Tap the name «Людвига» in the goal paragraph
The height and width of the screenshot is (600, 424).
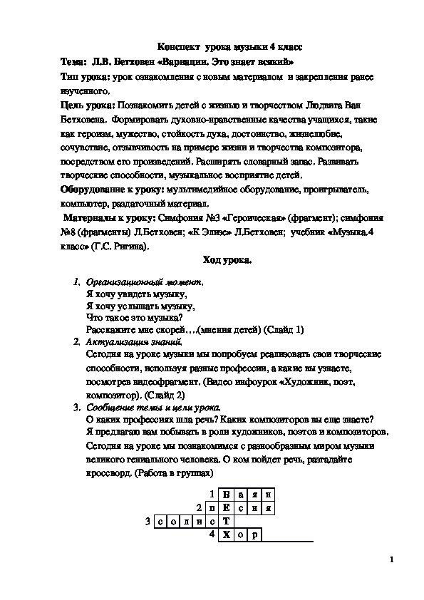pyautogui.click(x=321, y=105)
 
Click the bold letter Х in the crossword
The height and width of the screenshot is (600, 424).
pyautogui.click(x=226, y=535)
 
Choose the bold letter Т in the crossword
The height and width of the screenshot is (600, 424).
pyautogui.click(x=226, y=522)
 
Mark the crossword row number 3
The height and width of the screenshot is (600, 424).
pyautogui.click(x=147, y=522)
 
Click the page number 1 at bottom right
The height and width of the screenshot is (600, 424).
pyautogui.click(x=392, y=561)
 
